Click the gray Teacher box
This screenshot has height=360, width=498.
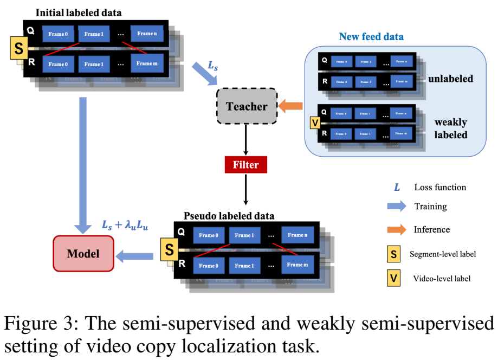pos(247,107)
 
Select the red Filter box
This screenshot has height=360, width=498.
pos(246,164)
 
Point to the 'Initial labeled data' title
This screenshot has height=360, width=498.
pos(79,12)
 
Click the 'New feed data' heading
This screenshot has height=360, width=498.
pos(371,37)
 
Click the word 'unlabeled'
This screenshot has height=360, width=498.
pos(450,79)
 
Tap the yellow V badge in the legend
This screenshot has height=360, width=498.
pos(394,279)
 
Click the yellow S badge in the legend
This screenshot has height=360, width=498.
pos(394,254)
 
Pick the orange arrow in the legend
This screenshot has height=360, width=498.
pos(398,229)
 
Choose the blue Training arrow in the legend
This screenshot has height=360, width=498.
pos(398,206)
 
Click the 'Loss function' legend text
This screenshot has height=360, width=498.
pos(440,187)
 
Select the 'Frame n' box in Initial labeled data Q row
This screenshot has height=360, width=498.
pos(146,34)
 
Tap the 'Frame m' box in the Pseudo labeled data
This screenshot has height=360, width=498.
pos(297,266)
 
